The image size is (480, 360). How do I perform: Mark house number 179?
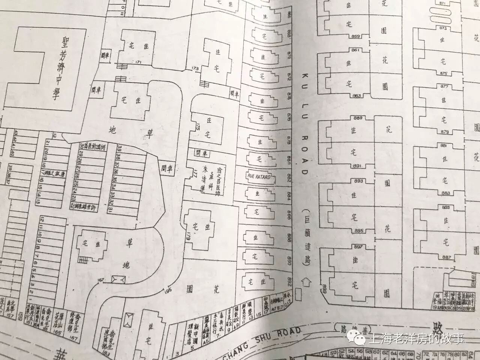188,237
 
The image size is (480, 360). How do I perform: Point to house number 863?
356,96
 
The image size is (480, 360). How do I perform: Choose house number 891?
357,166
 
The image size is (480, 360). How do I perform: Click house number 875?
444,73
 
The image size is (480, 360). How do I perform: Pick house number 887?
446,257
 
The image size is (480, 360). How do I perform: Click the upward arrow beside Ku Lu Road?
309,281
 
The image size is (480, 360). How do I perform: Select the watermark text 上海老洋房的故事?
416,339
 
